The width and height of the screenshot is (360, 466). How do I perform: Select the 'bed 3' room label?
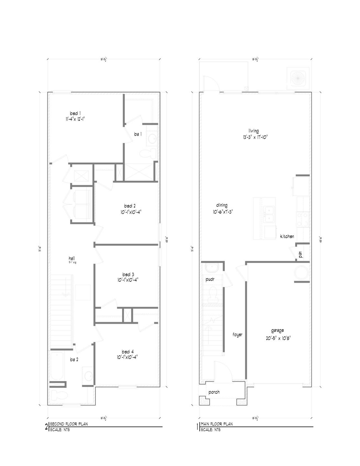click(128, 274)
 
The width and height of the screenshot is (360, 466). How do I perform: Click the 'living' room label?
click(253, 131)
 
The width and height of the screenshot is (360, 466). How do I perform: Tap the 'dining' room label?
click(222, 205)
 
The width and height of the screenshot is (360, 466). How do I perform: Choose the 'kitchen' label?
click(287, 236)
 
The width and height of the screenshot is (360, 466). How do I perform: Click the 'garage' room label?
click(277, 330)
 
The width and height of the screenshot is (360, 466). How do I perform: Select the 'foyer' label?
click(237, 335)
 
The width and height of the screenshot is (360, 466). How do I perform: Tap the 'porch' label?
click(214, 392)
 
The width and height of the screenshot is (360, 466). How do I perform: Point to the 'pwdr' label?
click(210, 279)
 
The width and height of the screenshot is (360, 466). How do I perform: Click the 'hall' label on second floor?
click(72, 258)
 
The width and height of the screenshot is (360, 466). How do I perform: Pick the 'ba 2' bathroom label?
click(74, 359)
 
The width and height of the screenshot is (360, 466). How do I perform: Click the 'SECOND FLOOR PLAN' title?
click(69, 424)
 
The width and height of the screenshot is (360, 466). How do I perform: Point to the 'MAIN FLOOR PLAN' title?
click(217, 424)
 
